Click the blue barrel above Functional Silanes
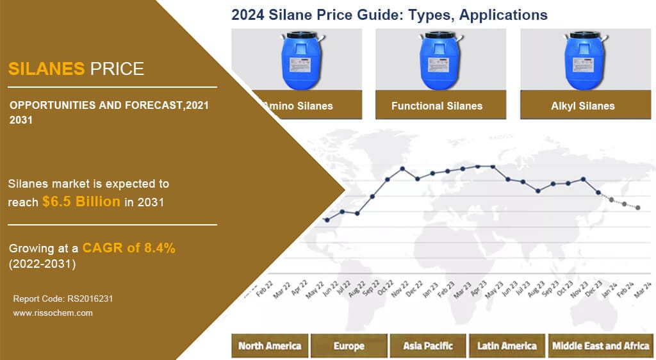pos(439,62)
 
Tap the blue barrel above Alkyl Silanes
pos(583,62)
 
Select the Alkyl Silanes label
pos(582,106)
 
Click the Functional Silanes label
pos(437,106)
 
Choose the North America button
pos(270,346)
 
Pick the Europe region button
pos(349,346)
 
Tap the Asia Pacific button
pos(428,346)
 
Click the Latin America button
pos(507,346)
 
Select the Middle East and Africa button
pos(600,346)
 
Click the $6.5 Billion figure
pos(81,201)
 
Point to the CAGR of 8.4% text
pos(129,249)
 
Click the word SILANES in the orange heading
pos(46,69)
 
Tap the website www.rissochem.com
pos(53,313)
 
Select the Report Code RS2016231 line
pos(63,299)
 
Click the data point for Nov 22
pos(402,168)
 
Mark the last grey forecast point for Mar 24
pos(638,208)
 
